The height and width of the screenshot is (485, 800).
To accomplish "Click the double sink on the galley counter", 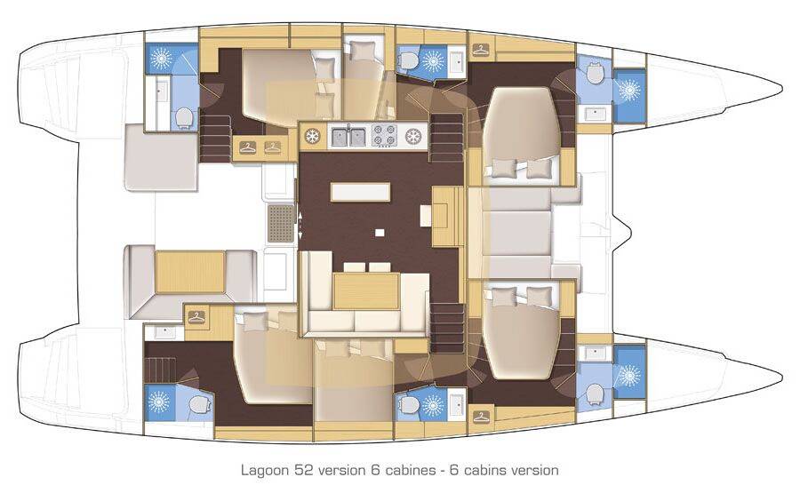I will pyautogui.click(x=348, y=136).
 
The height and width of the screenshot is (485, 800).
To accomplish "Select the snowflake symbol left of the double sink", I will pyautogui.click(x=312, y=136).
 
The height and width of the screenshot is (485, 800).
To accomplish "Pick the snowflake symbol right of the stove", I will pyautogui.click(x=412, y=136).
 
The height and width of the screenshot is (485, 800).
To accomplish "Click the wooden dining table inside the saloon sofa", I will pyautogui.click(x=366, y=290).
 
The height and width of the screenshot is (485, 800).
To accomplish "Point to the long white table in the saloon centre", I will pyautogui.click(x=359, y=192).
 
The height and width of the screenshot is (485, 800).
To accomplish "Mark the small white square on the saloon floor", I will pyautogui.click(x=380, y=233).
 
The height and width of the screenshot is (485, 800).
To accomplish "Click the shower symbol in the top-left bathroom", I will pyautogui.click(x=162, y=60).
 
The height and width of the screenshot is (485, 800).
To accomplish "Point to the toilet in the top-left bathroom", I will pyautogui.click(x=184, y=118).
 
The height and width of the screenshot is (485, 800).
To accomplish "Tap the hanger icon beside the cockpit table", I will pyautogui.click(x=196, y=314).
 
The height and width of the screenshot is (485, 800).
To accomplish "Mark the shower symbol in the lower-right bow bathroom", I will pyautogui.click(x=628, y=375).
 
